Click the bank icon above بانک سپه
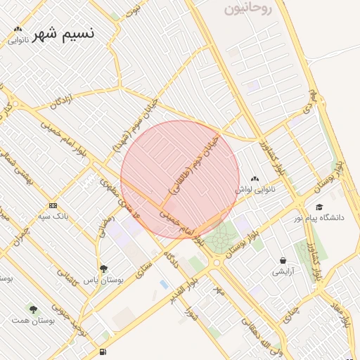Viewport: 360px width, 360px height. click(53, 205)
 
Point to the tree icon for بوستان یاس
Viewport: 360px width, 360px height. click(104, 269)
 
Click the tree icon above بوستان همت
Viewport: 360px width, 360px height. click(33, 309)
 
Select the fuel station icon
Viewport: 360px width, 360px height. click(104, 352)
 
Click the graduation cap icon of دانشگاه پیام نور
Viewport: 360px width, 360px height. click(319, 207)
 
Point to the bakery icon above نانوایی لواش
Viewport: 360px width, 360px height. click(254, 179)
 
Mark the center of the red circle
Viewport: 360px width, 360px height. click(180, 180)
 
